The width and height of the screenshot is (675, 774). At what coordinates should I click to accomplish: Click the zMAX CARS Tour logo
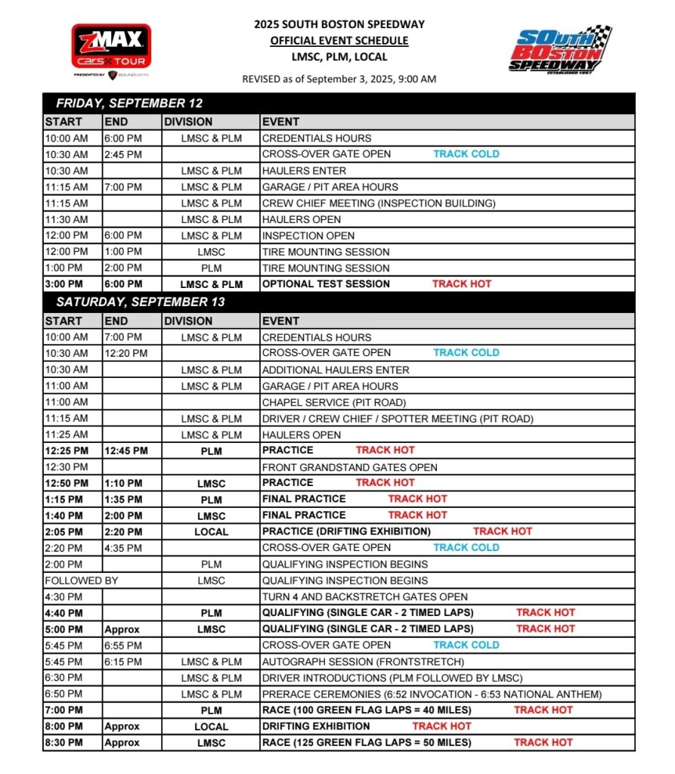pyautogui.click(x=111, y=50)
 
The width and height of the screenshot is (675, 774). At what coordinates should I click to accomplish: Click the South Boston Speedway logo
pyautogui.click(x=559, y=50)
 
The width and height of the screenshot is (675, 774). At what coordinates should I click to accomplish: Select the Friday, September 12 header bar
pyautogui.click(x=339, y=104)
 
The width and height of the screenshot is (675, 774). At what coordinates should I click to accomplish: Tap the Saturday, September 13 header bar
pyautogui.click(x=339, y=302)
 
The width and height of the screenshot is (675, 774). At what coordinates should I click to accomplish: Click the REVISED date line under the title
pyautogui.click(x=339, y=79)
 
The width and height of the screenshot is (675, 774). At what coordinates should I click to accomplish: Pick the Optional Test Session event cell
pyautogui.click(x=326, y=284)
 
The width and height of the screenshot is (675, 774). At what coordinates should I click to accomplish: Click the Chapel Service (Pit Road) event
pyautogui.click(x=323, y=402)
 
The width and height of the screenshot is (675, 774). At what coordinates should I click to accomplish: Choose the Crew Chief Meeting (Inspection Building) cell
pyautogui.click(x=379, y=203)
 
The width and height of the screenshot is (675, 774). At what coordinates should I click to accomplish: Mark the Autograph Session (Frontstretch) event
pyautogui.click(x=352, y=661)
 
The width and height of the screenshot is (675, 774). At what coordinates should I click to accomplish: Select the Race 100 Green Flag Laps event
pyautogui.click(x=367, y=710)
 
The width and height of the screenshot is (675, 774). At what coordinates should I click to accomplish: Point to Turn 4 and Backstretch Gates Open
pyautogui.click(x=365, y=596)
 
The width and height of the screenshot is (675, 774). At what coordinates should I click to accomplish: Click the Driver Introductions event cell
pyautogui.click(x=392, y=678)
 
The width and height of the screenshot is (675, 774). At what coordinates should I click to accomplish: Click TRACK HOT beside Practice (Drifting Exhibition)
pyautogui.click(x=503, y=531)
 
